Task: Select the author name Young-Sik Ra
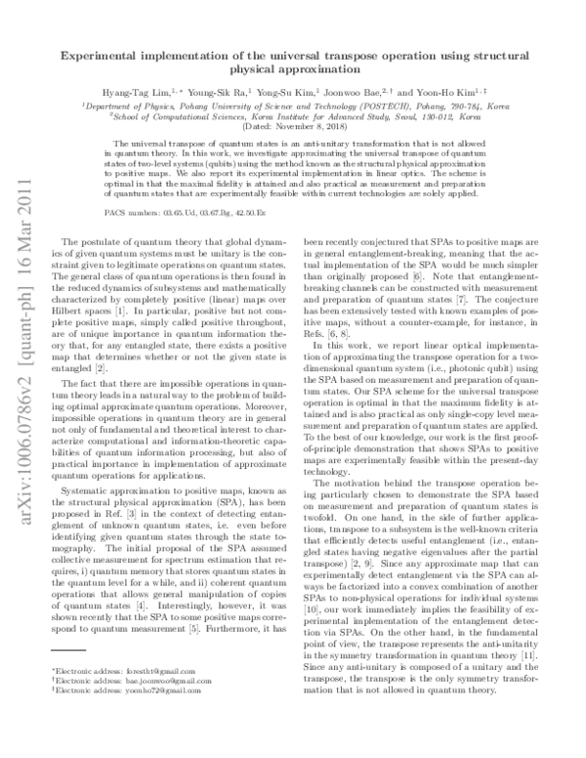pos(238,88)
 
